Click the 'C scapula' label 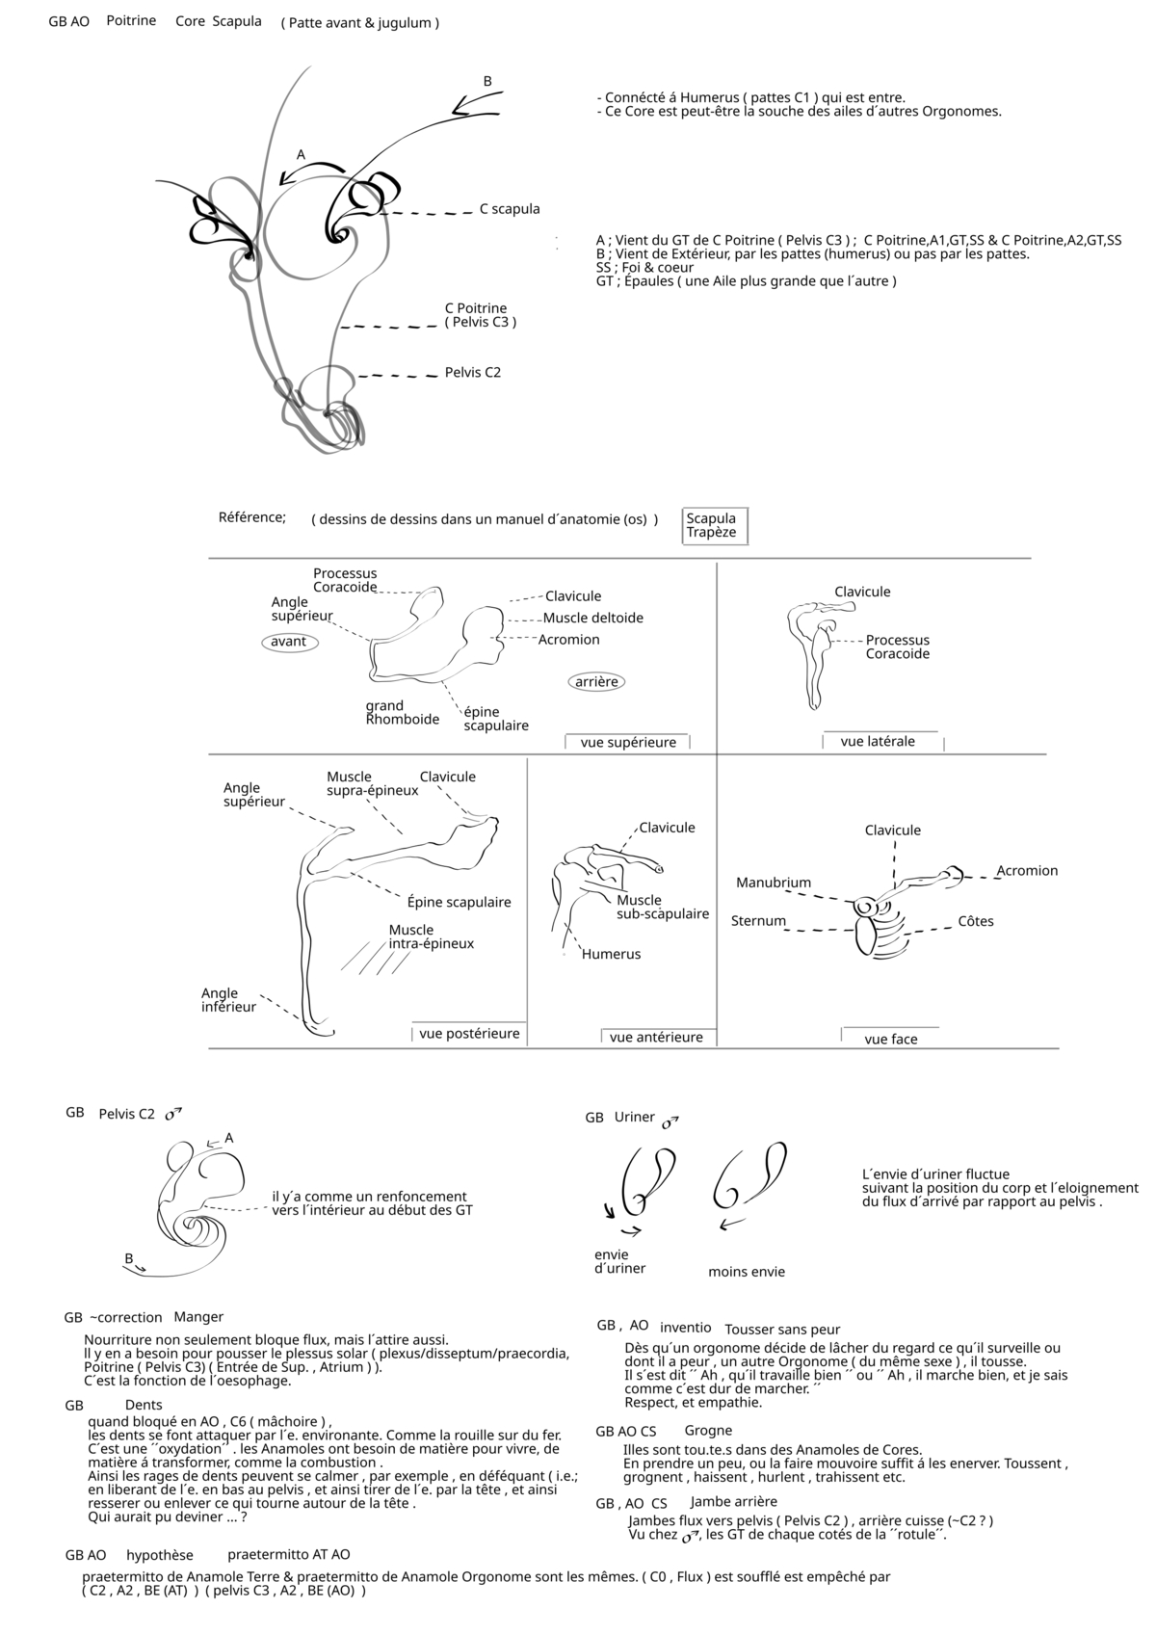pos(510,209)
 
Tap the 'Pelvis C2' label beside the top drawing pos(472,373)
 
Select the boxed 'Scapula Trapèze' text pos(712,525)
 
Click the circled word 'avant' pos(289,642)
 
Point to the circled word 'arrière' pos(596,682)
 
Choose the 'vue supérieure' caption pos(628,743)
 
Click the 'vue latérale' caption pos(878,742)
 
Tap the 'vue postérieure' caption pos(469,1034)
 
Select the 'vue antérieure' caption pos(656,1038)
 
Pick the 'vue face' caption pos(891,1040)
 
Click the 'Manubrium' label pos(774,883)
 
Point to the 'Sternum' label pos(758,921)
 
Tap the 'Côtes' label pos(976,922)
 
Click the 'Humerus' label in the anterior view pos(611,955)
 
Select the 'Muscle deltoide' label pos(593,619)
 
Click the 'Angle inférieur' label pos(228,1000)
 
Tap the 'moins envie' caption pos(747,1272)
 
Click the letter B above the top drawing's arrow pos(487,82)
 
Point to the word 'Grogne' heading pos(708,1431)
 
